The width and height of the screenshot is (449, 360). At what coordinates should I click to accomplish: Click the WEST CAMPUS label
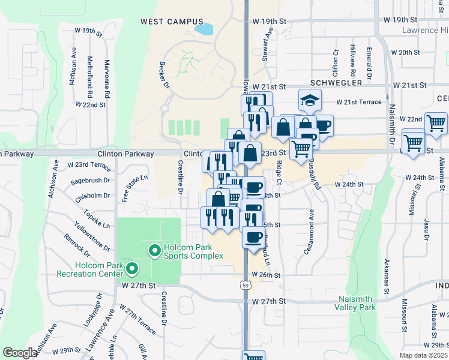point(172,22)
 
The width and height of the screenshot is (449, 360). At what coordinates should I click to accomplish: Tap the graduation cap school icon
point(310,100)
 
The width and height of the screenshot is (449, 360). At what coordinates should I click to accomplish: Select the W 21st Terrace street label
point(358,102)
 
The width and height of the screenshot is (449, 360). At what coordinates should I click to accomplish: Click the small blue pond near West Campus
point(203,28)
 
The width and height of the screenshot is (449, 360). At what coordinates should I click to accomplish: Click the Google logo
point(20,353)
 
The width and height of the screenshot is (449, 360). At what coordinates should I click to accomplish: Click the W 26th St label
point(267,275)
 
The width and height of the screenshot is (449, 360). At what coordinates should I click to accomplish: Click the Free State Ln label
point(127,188)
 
